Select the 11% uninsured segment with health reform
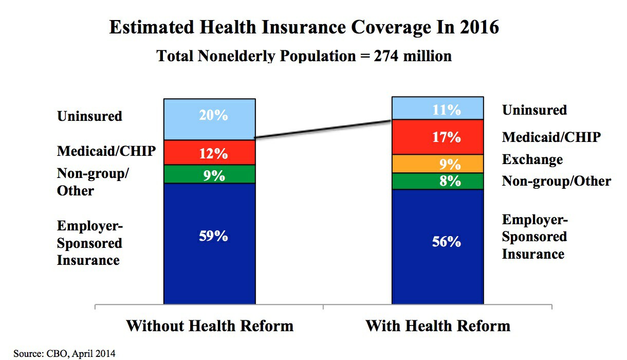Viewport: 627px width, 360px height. pos(438,109)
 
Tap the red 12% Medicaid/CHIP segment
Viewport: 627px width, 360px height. pos(210,152)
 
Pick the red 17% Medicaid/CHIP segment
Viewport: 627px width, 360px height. pos(438,137)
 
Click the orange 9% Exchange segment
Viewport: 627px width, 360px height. pos(438,164)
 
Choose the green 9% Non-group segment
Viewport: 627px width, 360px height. pos(210,174)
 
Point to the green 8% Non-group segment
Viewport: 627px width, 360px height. pos(438,181)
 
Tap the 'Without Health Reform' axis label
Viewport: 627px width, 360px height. pos(210,326)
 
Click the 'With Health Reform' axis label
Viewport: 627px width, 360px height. pos(438,326)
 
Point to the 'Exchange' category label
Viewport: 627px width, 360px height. pos(532,159)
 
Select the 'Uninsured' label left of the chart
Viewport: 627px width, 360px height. pos(89,116)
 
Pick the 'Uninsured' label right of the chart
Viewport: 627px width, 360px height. pos(534,110)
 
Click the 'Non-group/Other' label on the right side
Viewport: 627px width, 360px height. pos(556,181)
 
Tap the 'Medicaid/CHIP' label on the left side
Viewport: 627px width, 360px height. pos(106,151)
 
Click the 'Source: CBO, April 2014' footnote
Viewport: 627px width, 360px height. pos(64,353)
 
